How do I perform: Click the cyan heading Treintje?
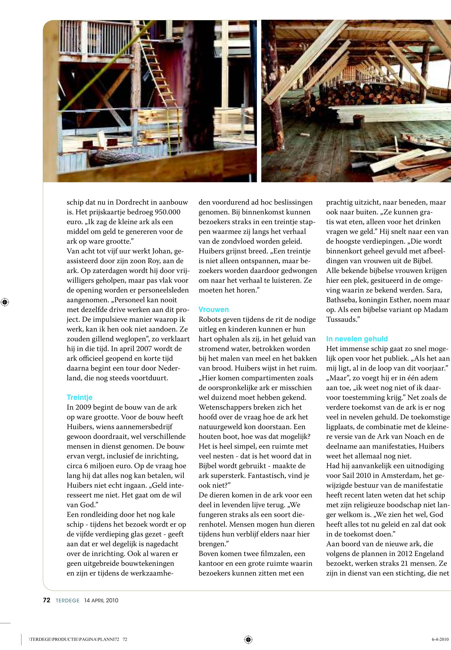tap(79, 398)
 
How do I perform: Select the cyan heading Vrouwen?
tap(213, 310)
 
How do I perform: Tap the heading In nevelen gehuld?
tap(357, 339)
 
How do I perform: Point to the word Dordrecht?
tap(132, 202)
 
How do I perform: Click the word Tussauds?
tap(342, 319)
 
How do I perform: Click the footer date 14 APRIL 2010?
tap(101, 600)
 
